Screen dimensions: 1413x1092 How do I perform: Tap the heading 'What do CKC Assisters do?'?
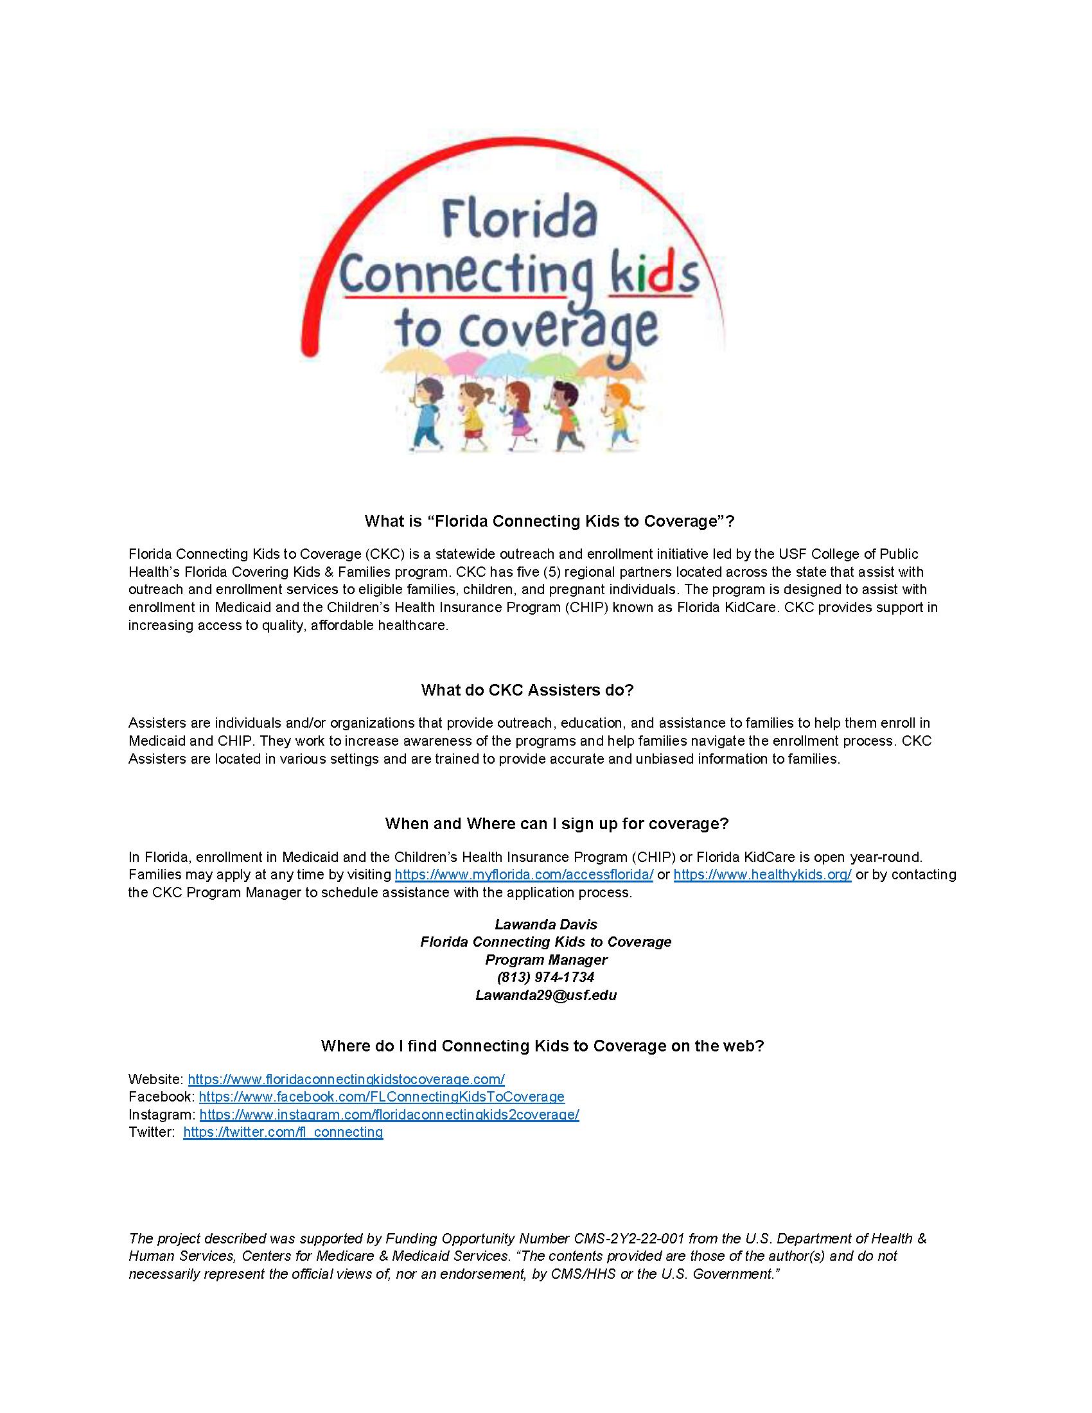coord(527,690)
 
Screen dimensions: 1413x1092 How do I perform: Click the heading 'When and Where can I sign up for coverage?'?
coord(556,823)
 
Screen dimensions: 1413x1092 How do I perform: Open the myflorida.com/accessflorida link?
coord(524,875)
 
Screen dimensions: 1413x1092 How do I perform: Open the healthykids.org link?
coord(762,875)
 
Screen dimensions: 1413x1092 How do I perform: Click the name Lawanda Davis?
coord(546,924)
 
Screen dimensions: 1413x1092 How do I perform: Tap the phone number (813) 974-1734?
coord(546,977)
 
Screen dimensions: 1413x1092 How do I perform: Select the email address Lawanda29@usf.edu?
coord(546,995)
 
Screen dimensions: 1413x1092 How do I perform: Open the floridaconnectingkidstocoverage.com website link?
coord(346,1079)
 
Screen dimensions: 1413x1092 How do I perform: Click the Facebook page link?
coord(382,1096)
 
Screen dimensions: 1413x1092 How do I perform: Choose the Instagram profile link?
coord(389,1114)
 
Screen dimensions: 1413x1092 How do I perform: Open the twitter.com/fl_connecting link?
coord(283,1132)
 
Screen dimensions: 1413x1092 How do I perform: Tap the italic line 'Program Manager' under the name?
coord(546,960)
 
